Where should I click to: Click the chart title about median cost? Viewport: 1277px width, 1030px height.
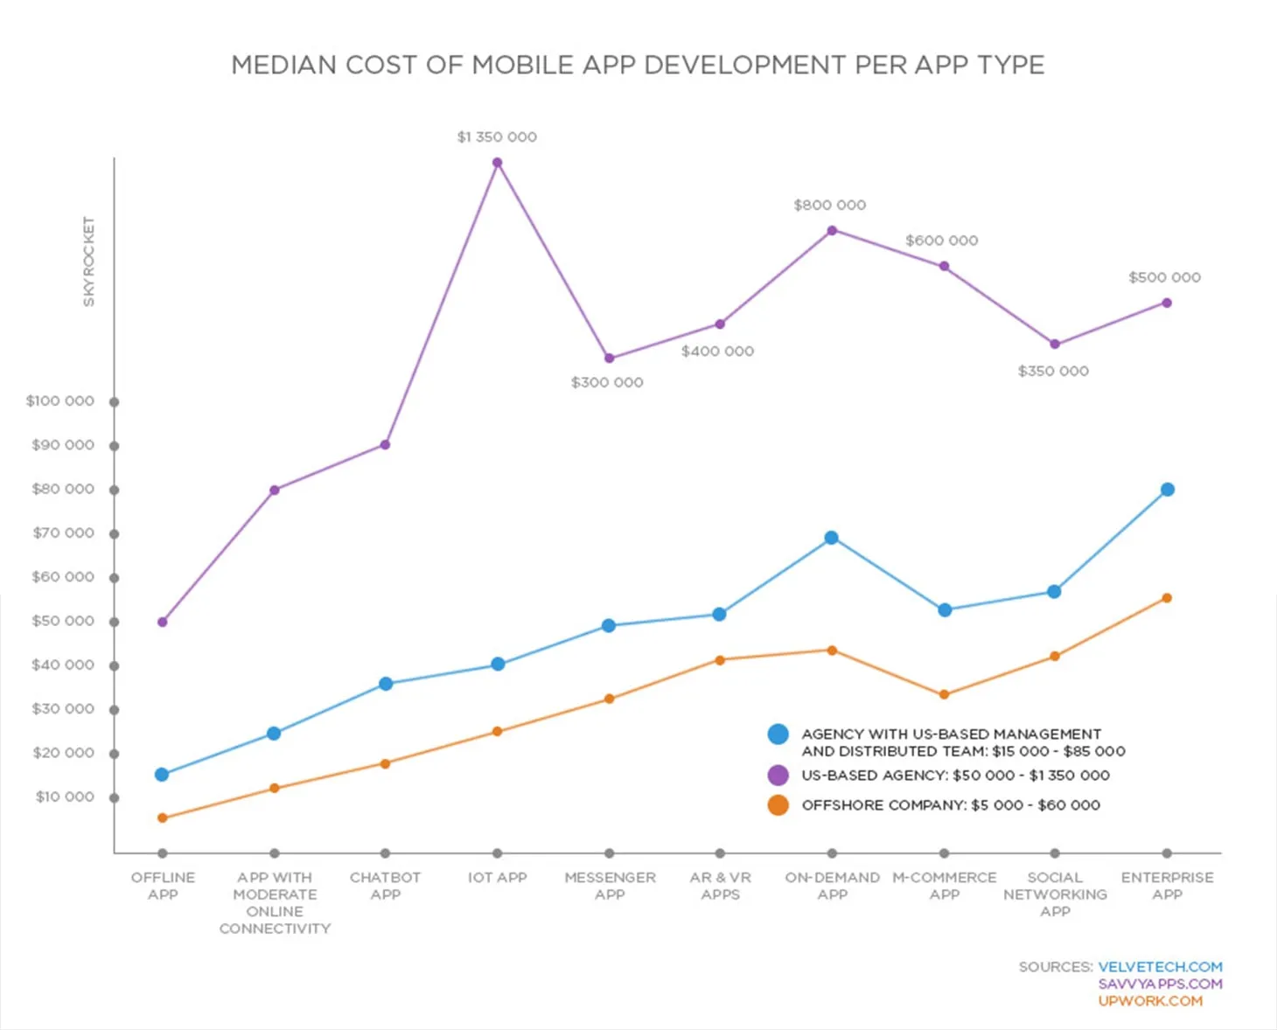pos(638,66)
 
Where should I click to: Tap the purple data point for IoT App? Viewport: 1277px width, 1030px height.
pos(497,163)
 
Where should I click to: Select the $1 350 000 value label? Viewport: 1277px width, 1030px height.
pos(497,137)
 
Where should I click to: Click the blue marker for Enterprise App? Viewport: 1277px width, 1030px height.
pos(1167,490)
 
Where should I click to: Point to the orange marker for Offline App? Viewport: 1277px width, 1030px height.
pos(163,818)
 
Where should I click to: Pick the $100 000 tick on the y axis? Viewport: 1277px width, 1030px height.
pos(114,402)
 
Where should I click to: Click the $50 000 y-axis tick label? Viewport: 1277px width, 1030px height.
pos(63,621)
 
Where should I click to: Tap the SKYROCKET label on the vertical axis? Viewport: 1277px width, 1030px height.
pos(88,261)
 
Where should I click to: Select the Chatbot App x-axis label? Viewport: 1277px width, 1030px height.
pos(385,886)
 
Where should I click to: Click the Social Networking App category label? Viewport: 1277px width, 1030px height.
pos(1055,894)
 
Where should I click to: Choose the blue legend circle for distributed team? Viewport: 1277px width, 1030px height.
pos(778,734)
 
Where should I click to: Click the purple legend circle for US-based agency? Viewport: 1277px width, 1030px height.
pos(778,776)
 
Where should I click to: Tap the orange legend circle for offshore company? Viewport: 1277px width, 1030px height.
pos(778,805)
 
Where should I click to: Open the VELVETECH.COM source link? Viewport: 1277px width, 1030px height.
pos(1160,967)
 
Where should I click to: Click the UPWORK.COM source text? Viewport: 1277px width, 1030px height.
pos(1150,1001)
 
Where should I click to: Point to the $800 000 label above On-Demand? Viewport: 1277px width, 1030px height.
pos(829,205)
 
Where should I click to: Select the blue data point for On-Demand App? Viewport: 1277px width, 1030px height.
pos(832,538)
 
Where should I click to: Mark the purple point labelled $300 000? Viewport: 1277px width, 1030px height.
pos(610,358)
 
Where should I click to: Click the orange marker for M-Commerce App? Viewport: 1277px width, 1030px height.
pos(944,695)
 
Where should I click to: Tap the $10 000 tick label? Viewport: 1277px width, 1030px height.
pos(65,797)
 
